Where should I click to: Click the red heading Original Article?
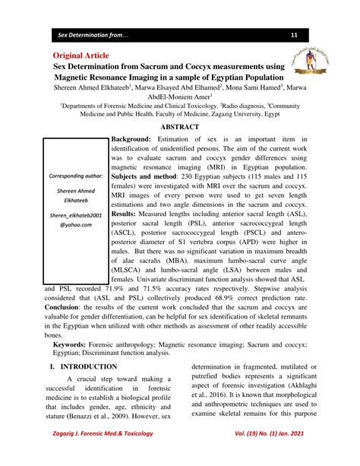81,56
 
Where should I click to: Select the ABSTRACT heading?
180,127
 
